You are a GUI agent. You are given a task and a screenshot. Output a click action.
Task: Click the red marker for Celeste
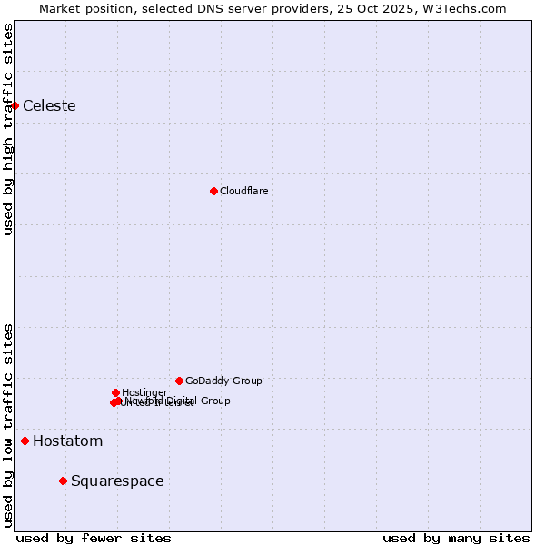tap(15, 106)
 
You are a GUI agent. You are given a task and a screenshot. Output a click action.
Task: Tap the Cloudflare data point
tap(213, 191)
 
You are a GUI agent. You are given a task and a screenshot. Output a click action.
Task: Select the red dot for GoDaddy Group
tap(179, 381)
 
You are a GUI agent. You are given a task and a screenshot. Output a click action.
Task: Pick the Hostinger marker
tap(115, 392)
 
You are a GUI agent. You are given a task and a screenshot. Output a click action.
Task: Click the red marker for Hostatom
tap(25, 441)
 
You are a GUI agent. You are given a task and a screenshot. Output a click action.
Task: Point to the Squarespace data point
tap(63, 481)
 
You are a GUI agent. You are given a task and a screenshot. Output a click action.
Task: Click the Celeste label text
tap(49, 106)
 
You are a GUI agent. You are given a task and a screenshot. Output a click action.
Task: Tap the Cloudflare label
tap(243, 191)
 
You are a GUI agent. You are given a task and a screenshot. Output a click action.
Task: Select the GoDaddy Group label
tap(223, 381)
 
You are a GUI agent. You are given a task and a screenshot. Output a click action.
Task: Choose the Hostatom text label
tap(67, 441)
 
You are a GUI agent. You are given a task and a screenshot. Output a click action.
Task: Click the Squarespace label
tap(117, 481)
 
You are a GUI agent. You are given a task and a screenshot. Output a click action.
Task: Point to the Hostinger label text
tap(144, 392)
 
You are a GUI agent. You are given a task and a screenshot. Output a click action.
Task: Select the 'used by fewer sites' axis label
tap(94, 538)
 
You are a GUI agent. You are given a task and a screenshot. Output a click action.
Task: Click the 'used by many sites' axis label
tap(456, 538)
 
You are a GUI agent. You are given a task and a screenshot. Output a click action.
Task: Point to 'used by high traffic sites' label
tap(8, 129)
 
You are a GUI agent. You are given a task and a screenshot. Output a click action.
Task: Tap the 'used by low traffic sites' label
tap(8, 425)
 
